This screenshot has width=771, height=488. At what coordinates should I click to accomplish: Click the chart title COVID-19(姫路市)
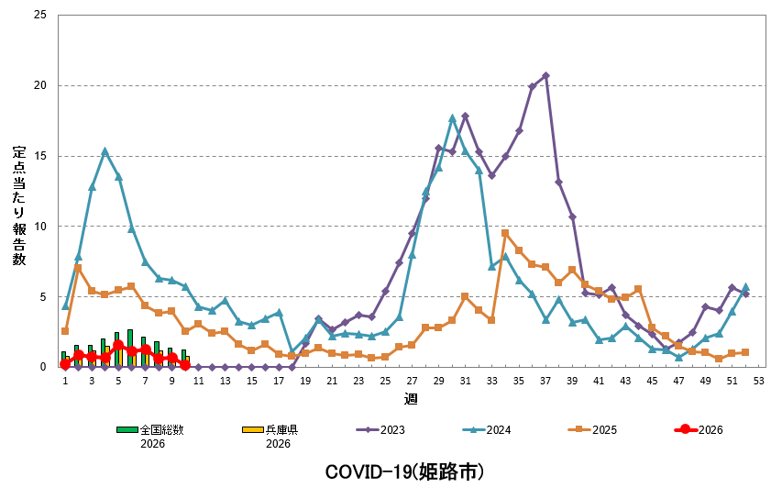pyautogui.click(x=404, y=471)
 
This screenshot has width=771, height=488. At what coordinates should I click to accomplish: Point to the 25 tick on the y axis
pyautogui.click(x=39, y=16)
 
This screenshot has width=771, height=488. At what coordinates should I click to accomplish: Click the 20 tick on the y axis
pyautogui.click(x=39, y=85)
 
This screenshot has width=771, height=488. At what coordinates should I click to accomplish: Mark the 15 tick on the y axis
pyautogui.click(x=39, y=156)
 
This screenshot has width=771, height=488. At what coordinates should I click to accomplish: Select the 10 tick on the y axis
pyautogui.click(x=39, y=227)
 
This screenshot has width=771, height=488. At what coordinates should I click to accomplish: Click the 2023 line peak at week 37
pyautogui.click(x=545, y=75)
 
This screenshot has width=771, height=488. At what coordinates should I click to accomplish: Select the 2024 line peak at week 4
pyautogui.click(x=105, y=151)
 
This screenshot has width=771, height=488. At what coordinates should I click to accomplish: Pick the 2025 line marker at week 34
pyautogui.click(x=505, y=233)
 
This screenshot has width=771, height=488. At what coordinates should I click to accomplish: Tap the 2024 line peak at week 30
pyautogui.click(x=452, y=118)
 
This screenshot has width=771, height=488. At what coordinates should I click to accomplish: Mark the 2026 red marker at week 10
pyautogui.click(x=185, y=364)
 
